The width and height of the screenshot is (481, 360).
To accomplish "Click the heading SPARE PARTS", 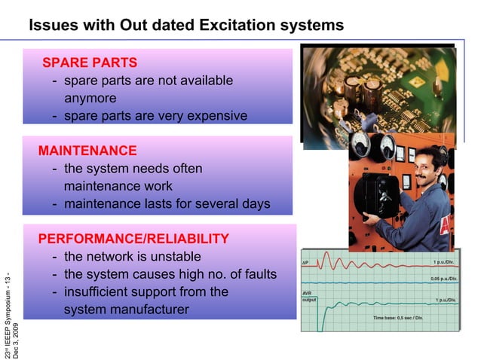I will (x=89, y=61).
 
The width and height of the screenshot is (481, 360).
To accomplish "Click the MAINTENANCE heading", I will (x=87, y=151).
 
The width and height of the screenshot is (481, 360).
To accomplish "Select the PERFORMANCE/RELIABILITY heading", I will (x=133, y=239).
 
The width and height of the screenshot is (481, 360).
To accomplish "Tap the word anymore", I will (x=90, y=98).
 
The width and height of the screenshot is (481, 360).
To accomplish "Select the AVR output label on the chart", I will (x=310, y=296).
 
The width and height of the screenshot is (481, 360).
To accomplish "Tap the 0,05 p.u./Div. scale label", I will (x=443, y=279).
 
